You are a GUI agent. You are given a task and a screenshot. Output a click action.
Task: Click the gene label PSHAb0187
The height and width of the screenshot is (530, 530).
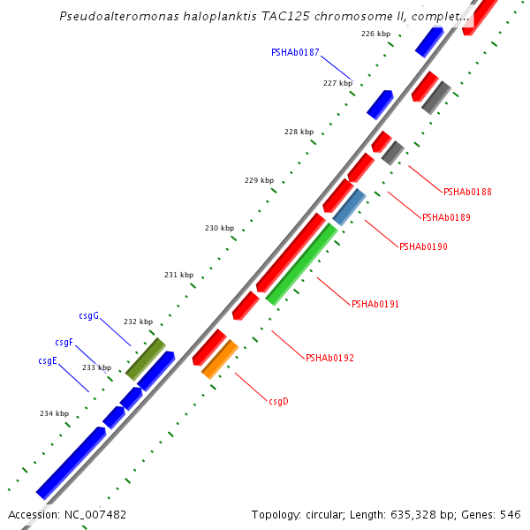pos(295,53)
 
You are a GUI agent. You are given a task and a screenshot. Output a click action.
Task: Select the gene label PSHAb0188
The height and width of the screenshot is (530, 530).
pos(467,192)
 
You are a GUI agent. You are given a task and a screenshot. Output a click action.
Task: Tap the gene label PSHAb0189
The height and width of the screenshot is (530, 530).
pos(446,217)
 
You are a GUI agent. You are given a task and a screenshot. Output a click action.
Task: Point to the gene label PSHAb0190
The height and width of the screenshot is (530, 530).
pos(423,246)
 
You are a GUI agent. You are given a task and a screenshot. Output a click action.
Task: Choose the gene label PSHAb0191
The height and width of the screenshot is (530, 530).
pos(375,304)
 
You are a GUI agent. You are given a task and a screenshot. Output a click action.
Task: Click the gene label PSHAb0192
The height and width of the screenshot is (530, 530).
pos(329,358)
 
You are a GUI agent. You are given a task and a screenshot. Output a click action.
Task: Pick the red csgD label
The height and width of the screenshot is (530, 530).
pos(278,401)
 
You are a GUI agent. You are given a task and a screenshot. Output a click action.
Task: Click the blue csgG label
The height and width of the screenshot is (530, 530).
pos(88,315)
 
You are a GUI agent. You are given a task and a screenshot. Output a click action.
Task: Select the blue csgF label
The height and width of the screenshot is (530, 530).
pos(64,342)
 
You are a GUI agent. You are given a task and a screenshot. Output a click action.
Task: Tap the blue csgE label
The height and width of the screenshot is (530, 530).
pos(48,360)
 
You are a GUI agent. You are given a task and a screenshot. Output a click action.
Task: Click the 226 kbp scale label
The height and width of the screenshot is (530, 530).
pos(375,34)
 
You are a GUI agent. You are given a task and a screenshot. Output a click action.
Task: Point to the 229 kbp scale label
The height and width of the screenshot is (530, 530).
pos(259,180)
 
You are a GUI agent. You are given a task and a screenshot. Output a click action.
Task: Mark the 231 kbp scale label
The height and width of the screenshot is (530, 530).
pos(178,275)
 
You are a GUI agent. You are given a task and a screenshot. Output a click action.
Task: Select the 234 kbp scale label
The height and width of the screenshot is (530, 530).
pos(54,413)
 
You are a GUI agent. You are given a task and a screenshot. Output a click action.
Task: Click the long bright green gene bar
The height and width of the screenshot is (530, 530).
pos(301,263)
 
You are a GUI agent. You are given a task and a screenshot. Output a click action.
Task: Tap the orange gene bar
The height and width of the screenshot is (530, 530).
pos(220,360)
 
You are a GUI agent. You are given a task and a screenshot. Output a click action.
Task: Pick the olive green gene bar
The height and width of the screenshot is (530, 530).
pos(146,359)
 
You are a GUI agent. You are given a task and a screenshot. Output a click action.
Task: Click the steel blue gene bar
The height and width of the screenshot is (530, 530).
pos(349,207)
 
